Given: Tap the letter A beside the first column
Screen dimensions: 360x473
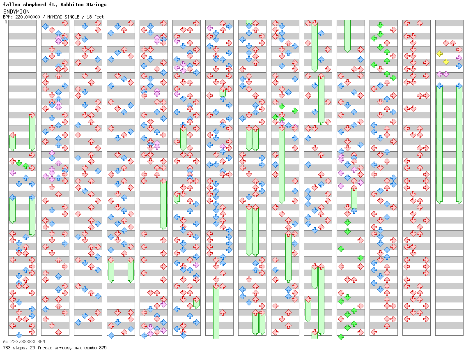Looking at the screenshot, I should [x=6, y=22].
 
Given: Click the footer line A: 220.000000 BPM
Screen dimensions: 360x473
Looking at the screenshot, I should [x=24, y=342].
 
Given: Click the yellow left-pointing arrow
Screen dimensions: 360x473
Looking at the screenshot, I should [x=439, y=53].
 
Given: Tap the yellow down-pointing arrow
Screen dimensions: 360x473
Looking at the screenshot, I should [x=446, y=62].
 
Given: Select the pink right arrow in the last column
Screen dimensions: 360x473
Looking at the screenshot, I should [x=459, y=58].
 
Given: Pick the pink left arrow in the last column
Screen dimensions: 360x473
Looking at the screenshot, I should [x=439, y=74].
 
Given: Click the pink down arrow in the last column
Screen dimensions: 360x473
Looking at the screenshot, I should [x=446, y=74].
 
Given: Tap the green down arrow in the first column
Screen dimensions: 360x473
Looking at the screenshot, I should [x=19, y=163].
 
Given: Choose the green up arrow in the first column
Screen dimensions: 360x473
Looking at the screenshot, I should [x=25, y=166].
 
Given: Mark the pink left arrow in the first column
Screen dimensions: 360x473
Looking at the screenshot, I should [x=12, y=173].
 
